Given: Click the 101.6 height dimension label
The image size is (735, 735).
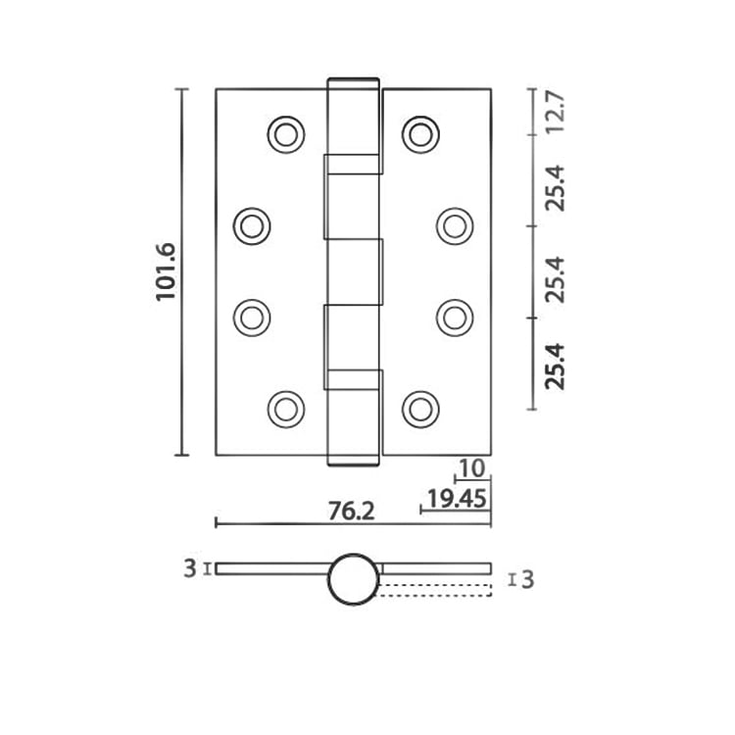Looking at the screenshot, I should coord(165,271).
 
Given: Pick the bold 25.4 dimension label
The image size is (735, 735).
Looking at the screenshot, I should coord(557,366).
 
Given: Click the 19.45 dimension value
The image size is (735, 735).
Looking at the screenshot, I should coord(458,500).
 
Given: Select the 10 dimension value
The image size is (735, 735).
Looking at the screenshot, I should coord(471,469).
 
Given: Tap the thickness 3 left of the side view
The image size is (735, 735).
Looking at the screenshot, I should coord(190,568).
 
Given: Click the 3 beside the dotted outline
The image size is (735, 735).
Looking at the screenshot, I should coord(528,580).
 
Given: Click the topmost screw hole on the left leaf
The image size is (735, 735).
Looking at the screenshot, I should coord(285,134).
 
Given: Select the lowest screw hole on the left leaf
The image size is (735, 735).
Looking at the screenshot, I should coord(285,408).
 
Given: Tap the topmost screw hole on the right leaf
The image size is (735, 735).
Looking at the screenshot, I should coord(420,134).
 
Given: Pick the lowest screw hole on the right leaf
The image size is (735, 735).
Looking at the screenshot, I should coord(420,408).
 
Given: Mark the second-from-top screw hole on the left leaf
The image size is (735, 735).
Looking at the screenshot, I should coord(252,226).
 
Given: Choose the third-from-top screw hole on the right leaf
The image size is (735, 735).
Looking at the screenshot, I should coord(454,317).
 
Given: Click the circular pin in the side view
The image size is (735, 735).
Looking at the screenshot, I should coord(353,579).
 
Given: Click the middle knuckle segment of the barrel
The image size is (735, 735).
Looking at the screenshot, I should coord(353,271).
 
